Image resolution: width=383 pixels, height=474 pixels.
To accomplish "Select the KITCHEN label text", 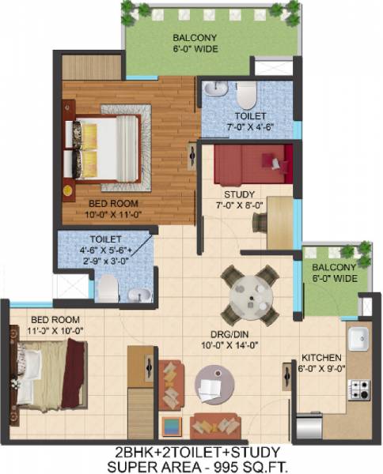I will click(x=321, y=356).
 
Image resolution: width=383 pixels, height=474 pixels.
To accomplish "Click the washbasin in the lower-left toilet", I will click(x=139, y=294).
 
